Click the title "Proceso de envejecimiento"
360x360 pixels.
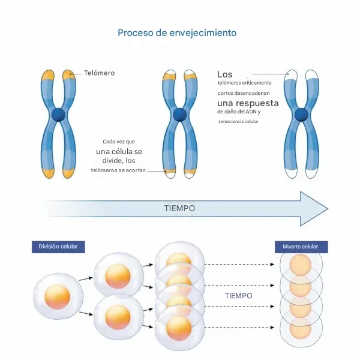(x=177, y=32)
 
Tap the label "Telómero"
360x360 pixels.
(x=99, y=73)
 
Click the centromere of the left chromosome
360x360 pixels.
(x=58, y=115)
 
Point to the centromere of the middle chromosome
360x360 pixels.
(x=180, y=115)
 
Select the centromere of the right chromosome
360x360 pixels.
(x=302, y=115)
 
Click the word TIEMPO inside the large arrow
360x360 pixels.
(x=179, y=208)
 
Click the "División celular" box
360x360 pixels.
(x=58, y=247)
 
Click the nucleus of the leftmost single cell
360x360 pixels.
(x=58, y=296)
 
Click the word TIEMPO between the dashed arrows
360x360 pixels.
(x=238, y=296)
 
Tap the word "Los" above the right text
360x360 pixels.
(x=224, y=74)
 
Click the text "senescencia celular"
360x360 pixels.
(x=238, y=121)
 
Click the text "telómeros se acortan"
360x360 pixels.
(x=118, y=171)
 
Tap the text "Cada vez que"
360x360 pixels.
(x=119, y=141)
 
